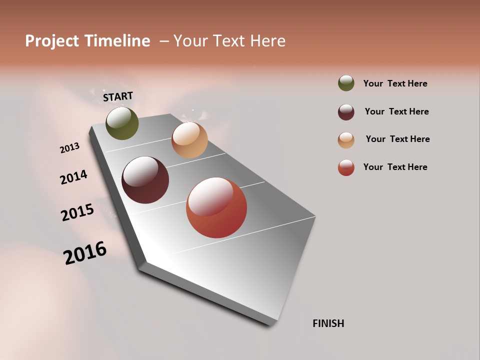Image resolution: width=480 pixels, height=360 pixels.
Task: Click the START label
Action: (118, 96)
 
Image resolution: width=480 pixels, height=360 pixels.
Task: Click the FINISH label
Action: (328, 323)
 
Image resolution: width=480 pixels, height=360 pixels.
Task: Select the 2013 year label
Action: (69, 148)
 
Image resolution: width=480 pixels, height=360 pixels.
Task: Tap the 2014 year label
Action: (73, 177)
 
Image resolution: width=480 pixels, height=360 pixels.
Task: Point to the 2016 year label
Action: (85, 253)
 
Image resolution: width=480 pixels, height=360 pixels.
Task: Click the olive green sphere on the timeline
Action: (122, 123)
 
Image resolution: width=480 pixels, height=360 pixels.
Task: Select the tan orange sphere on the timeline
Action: (189, 140)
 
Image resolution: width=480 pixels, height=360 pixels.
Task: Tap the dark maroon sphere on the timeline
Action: (145, 180)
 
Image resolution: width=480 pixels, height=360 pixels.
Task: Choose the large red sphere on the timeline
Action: (216, 207)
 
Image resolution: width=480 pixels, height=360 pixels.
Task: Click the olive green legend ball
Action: (346, 83)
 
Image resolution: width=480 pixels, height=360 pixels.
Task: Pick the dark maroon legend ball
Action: (346, 112)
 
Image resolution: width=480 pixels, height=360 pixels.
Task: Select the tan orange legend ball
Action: (346, 140)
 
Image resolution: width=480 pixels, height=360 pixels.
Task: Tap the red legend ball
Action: (346, 167)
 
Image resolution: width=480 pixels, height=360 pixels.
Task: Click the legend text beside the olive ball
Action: (395, 83)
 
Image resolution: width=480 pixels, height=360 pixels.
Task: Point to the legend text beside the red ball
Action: (395, 167)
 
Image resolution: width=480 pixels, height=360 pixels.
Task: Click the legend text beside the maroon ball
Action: (396, 111)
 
